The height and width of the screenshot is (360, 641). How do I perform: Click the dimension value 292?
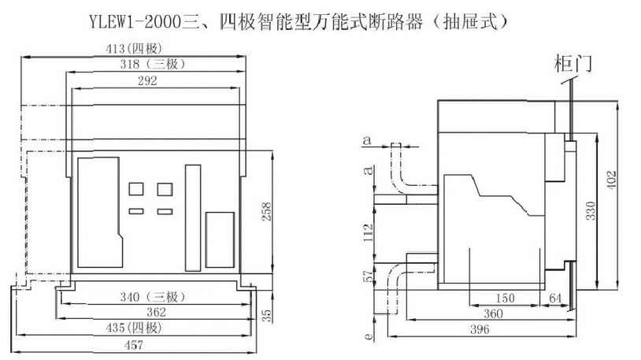click(147, 80)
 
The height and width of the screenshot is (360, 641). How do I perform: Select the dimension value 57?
click(368, 276)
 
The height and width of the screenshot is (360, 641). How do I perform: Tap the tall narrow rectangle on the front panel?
click(193, 213)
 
